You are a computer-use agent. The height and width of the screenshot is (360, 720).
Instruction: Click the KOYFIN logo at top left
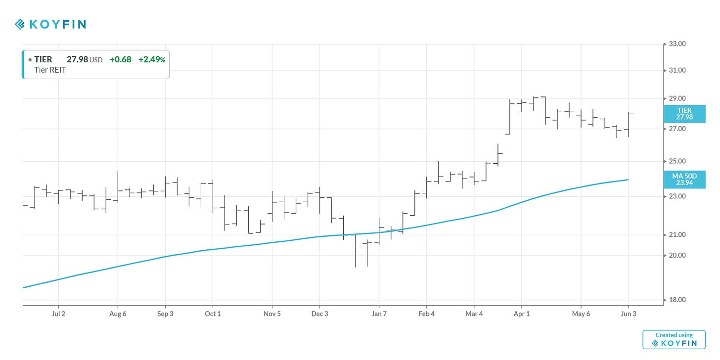tap(50, 24)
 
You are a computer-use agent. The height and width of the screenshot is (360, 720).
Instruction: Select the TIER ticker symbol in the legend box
tap(43, 59)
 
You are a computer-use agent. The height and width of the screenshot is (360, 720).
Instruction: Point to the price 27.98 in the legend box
tap(77, 59)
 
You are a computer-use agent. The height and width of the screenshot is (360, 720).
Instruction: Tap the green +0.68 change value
tap(120, 59)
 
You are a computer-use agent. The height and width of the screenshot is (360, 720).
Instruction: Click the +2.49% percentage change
tap(152, 59)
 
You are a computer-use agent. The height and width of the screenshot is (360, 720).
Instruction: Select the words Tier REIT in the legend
tap(50, 70)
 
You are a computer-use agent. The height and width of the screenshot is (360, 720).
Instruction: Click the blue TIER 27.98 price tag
tap(684, 114)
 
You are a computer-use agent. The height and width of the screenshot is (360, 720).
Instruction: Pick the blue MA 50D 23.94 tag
tap(684, 179)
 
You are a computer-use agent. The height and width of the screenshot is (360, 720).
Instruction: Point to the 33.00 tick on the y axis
tap(677, 44)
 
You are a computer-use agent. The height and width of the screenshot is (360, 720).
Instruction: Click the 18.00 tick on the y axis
tap(677, 300)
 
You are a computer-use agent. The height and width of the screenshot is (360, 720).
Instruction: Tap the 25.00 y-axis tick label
tap(677, 161)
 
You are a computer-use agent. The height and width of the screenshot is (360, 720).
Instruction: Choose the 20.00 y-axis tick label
tap(677, 255)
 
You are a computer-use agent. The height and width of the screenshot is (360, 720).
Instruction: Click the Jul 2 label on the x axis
tap(58, 314)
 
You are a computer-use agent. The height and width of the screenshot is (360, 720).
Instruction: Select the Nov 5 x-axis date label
tap(272, 314)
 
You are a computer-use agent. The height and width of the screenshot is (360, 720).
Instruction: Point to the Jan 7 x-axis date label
tap(379, 314)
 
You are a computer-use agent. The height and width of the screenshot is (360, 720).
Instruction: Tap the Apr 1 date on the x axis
tap(521, 314)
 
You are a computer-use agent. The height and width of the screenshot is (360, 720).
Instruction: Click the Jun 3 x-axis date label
tap(629, 314)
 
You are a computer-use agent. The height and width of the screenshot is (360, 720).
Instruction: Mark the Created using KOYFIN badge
tap(674, 339)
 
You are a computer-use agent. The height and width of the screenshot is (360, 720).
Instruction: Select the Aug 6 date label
tap(118, 314)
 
